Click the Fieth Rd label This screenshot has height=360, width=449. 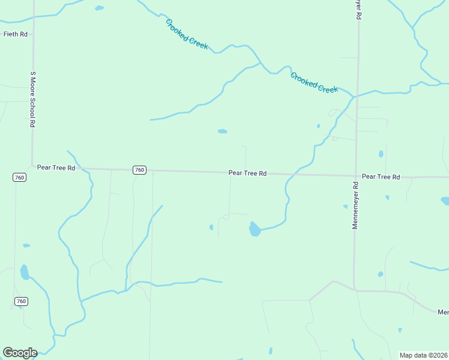[x=16, y=34]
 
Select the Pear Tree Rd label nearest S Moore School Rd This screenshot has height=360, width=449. [x=56, y=168]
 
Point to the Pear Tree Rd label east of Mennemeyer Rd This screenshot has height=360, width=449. [x=381, y=177]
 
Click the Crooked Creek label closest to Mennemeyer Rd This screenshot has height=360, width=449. [x=314, y=82]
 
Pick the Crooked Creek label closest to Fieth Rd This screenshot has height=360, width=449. [x=187, y=34]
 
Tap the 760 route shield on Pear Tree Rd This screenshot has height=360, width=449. [x=139, y=170]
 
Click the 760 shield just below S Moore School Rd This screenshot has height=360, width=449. [x=19, y=177]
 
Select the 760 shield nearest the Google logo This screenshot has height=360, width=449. [x=21, y=301]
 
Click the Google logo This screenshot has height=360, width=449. [x=20, y=353]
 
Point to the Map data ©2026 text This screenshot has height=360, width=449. [x=423, y=355]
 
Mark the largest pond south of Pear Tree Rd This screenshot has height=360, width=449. [x=255, y=229]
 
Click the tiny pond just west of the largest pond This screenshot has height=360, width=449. [x=211, y=227]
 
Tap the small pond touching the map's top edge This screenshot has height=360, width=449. [x=99, y=8]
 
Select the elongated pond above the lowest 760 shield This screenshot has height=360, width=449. [x=24, y=272]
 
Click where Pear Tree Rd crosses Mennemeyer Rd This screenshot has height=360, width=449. [x=356, y=176]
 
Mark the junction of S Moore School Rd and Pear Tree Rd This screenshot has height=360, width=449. [x=33, y=164]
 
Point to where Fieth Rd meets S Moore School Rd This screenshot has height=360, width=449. [x=34, y=34]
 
